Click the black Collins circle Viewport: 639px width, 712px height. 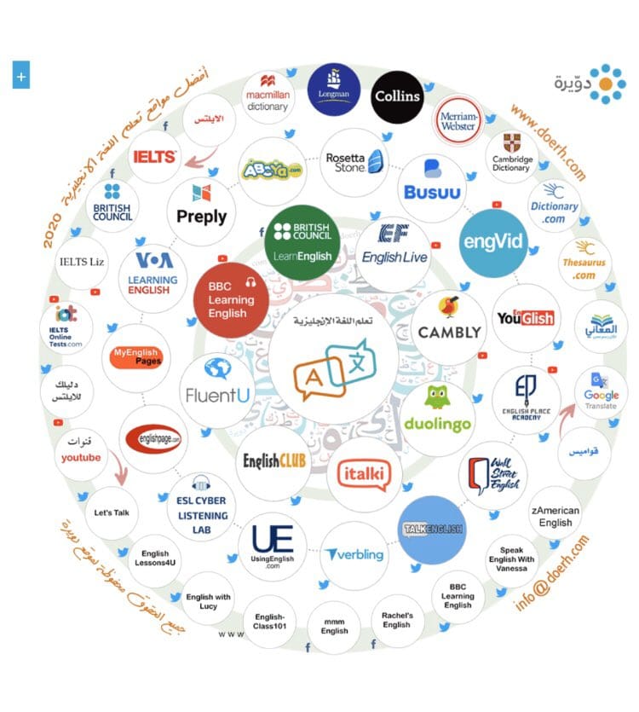pyautogui.click(x=397, y=96)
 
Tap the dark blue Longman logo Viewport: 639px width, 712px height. pyautogui.click(x=333, y=89)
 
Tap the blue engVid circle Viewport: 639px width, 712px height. pyautogui.click(x=492, y=241)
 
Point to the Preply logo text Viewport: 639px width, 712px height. pyautogui.click(x=201, y=216)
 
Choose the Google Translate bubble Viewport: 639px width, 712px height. pyautogui.click(x=601, y=395)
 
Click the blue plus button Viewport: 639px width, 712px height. pyautogui.click(x=21, y=76)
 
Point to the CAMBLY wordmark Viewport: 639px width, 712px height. pyautogui.click(x=449, y=332)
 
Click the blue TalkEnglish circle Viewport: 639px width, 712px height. pyautogui.click(x=432, y=530)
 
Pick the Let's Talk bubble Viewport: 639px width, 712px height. pyautogui.click(x=112, y=512)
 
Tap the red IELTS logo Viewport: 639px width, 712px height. pyautogui.click(x=154, y=157)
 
